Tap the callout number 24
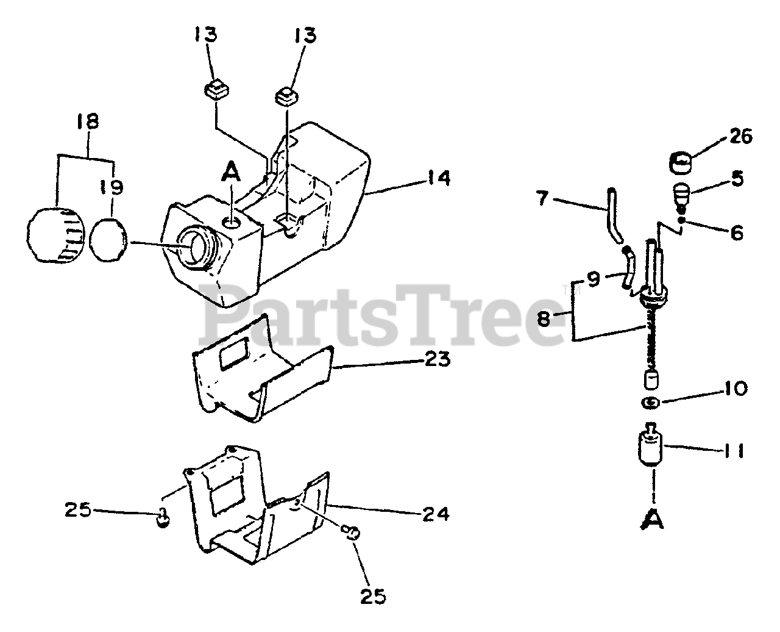(435, 514)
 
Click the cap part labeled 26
(684, 162)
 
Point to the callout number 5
(737, 178)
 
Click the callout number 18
(87, 121)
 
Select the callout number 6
(737, 232)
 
